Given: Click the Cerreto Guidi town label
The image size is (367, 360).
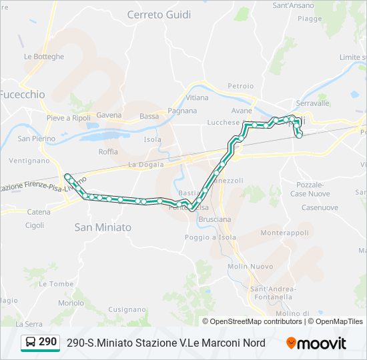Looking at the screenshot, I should pyautogui.click(x=159, y=14).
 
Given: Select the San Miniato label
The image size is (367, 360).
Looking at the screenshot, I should pyautogui.click(x=103, y=227).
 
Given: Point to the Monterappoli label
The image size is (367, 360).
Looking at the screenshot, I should pyautogui.click(x=285, y=233).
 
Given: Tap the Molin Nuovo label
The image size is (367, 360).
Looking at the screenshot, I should pyautogui.click(x=250, y=266).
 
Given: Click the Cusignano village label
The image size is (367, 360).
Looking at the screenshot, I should pyautogui.click(x=126, y=309).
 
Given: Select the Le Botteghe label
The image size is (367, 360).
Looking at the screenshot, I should pyautogui.click(x=44, y=57).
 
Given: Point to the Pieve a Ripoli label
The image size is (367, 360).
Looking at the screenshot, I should pyautogui.click(x=68, y=118).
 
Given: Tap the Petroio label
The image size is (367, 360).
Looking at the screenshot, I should pyautogui.click(x=241, y=86).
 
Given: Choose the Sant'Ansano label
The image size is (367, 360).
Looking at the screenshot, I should pyautogui.click(x=294, y=5).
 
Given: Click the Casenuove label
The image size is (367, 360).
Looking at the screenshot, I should pyautogui.click(x=320, y=207).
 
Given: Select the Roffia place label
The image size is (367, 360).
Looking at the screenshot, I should pyautogui.click(x=108, y=151).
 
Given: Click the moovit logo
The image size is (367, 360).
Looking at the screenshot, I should pyautogui.click(x=316, y=343).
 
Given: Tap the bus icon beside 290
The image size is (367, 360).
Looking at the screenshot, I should pyautogui.click(x=31, y=343).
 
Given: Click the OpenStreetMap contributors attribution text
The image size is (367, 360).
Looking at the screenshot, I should pyautogui.click(x=256, y=321).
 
